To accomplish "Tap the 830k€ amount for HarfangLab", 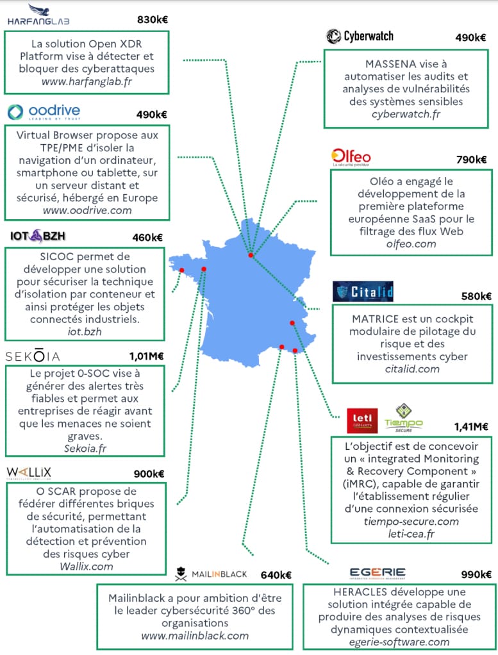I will coord(153,20).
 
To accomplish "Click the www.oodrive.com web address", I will coord(87,210).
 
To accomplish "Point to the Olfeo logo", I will coord(351,157).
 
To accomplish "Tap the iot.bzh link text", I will coord(85,331).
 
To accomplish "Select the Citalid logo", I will coord(363,292).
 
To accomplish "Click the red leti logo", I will coord(362,420).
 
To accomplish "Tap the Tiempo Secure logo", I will coord(404,418).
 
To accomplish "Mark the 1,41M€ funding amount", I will coord(471,426).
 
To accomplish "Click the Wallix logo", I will coord(29,473).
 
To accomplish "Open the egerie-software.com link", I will coord(399,642).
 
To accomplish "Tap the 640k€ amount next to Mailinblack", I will coord(276,575).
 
